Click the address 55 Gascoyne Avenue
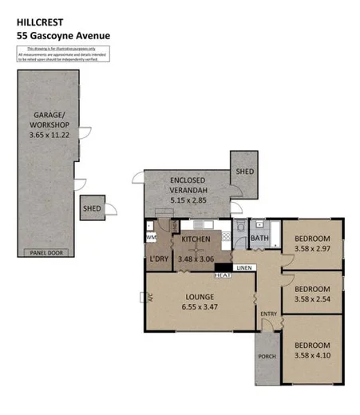coord(62,36)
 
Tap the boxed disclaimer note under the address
coord(62,53)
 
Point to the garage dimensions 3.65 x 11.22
coord(49,136)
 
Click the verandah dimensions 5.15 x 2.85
coord(189,201)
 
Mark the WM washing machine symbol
coord(151,237)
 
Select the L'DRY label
coord(158,259)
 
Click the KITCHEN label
coord(196,239)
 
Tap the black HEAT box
coord(224,275)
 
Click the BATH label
coord(260,238)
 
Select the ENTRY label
coord(267,314)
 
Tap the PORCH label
coord(267,357)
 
